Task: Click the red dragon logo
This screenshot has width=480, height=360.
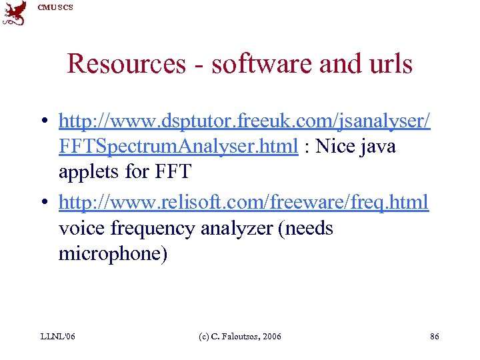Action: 15,13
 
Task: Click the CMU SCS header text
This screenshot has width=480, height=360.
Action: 55,7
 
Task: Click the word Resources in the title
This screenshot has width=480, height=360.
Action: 126,64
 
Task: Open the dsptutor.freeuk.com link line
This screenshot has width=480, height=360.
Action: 244,121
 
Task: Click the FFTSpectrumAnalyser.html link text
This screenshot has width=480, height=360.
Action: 178,147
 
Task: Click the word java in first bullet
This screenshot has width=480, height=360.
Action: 379,147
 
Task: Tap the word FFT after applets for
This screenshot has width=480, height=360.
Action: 171,172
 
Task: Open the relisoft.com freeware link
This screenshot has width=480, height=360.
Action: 244,202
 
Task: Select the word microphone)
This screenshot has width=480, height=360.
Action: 113,254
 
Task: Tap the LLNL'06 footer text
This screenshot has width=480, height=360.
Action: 57,337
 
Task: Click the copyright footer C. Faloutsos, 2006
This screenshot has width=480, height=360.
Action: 241,337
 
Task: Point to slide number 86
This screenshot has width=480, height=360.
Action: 434,337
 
